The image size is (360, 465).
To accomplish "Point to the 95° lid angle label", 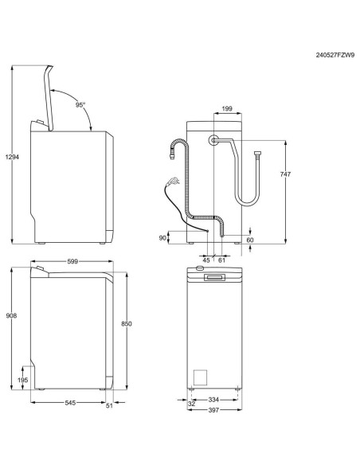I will tap(80, 105).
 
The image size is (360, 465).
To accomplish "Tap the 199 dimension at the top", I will tap(227, 107).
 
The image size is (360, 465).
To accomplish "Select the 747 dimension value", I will tap(296, 174).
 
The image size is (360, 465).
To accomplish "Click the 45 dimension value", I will tap(206, 259).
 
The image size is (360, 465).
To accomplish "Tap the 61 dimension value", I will tap(221, 259).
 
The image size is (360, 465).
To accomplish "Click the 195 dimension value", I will tap(23, 381).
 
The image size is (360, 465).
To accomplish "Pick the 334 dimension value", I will tap(213, 400).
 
